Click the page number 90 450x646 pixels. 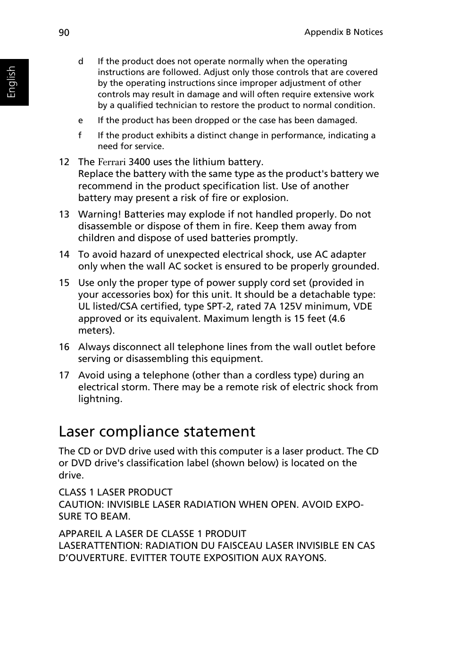click(x=64, y=32)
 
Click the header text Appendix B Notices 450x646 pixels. click(x=343, y=32)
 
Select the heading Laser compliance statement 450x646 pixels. click(x=157, y=431)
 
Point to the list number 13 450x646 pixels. click(x=64, y=214)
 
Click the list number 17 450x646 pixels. click(x=64, y=375)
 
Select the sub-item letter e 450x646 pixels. click(x=81, y=120)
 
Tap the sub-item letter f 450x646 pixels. click(x=80, y=135)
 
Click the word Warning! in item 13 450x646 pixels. click(x=100, y=214)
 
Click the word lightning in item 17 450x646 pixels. click(x=99, y=399)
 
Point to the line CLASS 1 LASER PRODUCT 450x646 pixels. click(x=116, y=492)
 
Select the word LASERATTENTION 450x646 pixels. click(x=100, y=545)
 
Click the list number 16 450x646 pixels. click(x=64, y=347)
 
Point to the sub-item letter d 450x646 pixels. click(x=81, y=61)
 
